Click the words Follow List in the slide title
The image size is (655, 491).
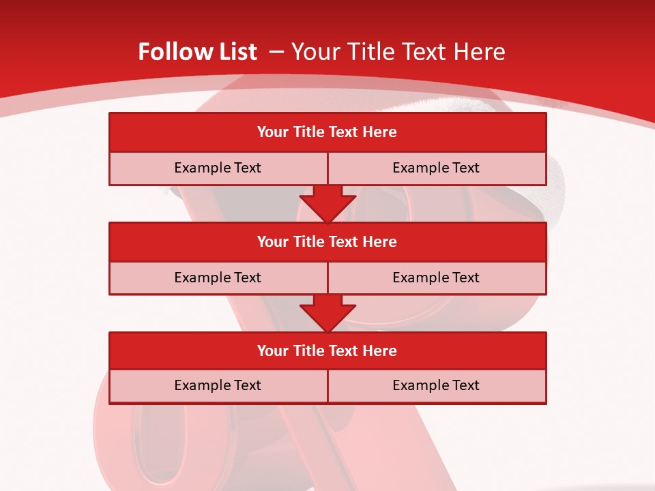tap(197, 52)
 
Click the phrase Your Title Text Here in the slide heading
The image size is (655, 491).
tap(398, 52)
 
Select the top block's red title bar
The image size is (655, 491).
tap(327, 132)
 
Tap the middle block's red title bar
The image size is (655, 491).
tap(327, 241)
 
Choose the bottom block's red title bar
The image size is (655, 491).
tap(327, 351)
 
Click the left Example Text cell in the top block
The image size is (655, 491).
tap(218, 168)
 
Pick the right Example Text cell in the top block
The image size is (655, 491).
tap(437, 168)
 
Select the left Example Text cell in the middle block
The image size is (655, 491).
tap(218, 278)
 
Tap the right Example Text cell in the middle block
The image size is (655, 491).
tap(437, 278)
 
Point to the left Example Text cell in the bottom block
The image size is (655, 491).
tap(218, 385)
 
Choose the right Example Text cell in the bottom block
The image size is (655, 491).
tap(437, 385)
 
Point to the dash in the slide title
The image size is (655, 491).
tap(276, 52)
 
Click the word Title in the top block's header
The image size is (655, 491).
tap(308, 132)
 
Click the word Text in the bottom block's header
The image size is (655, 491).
tap(344, 351)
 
